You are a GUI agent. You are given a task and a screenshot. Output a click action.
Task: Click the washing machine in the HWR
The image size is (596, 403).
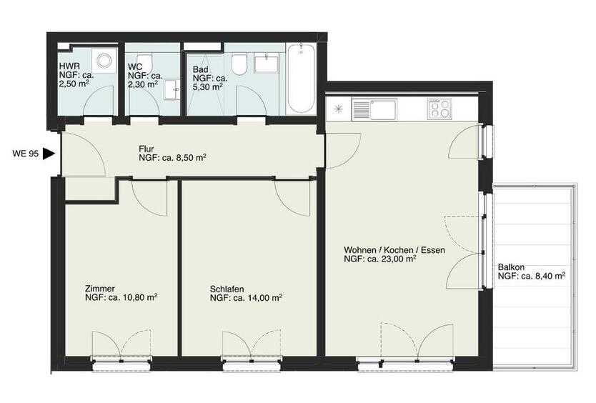[x=105, y=61]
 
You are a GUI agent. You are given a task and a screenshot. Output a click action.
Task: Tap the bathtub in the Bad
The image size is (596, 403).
[x=301, y=79]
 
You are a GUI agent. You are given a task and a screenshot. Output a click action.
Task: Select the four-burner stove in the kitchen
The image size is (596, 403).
[x=439, y=109]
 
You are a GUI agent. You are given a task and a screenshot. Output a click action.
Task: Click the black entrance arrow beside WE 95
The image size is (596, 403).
[x=49, y=153]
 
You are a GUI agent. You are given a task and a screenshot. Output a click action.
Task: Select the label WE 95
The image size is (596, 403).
[x=26, y=153]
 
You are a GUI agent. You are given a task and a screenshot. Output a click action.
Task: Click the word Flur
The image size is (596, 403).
[x=146, y=149]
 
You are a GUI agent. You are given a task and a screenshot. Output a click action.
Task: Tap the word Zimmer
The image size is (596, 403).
[x=99, y=289]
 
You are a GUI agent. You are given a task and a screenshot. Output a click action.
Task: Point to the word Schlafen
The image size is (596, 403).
[x=227, y=289]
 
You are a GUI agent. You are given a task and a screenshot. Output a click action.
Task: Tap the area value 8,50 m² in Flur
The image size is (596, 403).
[x=189, y=157]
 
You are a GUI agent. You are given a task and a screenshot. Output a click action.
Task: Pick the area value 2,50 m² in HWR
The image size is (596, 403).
[x=74, y=83]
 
